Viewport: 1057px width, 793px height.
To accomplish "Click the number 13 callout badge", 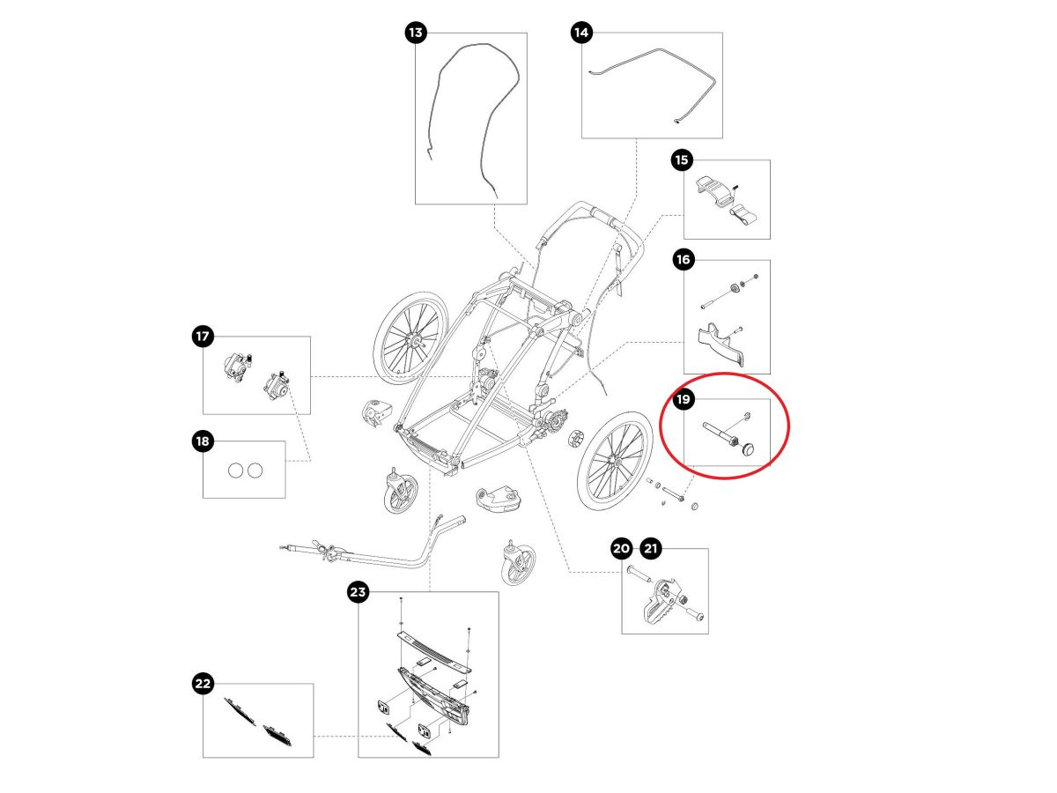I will (416, 33).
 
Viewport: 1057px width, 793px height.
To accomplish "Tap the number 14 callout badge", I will (581, 33).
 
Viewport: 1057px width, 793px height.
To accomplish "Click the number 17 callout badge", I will (203, 337).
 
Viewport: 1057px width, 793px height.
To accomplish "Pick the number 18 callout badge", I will (203, 441).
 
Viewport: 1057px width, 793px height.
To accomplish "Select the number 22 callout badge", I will (203, 684).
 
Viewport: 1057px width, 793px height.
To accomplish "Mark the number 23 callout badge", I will (358, 593).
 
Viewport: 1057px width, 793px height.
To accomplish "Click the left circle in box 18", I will (235, 470).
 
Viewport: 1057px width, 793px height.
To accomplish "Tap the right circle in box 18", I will (255, 470).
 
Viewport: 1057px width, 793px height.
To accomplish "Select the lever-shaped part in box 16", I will (722, 344).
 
